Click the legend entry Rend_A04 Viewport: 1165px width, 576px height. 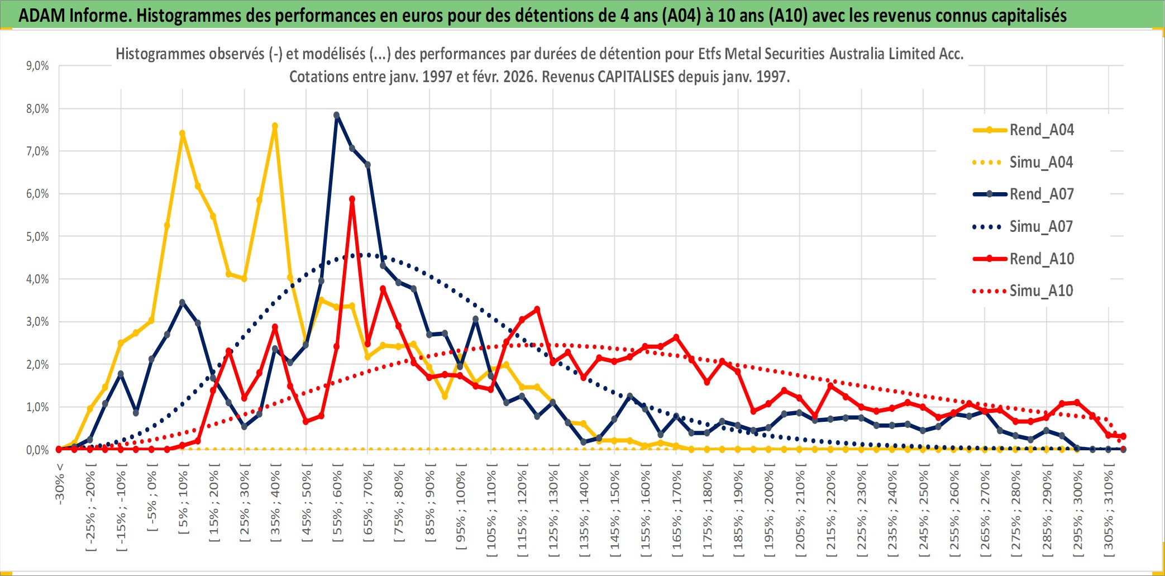pos(1041,130)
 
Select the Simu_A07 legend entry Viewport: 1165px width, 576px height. pos(1041,227)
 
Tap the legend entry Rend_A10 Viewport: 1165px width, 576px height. pos(1042,259)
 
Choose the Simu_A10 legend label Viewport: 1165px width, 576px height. pos(1041,291)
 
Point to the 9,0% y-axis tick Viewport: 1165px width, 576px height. pos(37,66)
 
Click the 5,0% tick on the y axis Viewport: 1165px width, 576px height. pos(37,237)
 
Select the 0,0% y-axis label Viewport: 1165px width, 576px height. pos(37,450)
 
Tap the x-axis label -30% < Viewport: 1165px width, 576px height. pos(60,484)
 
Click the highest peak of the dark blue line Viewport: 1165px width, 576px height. pos(337,116)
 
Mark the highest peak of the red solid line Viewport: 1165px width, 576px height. pos(352,199)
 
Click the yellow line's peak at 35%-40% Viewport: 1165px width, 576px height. pos(275,126)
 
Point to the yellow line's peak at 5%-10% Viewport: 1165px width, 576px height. pos(182,134)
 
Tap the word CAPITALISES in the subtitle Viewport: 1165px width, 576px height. pos(636,77)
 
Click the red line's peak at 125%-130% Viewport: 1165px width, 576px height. pos(537,309)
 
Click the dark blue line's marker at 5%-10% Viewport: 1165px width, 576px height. pos(182,302)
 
